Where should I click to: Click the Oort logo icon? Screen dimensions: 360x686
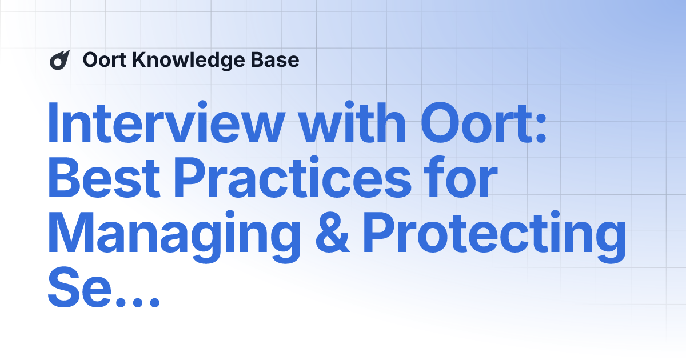coord(59,60)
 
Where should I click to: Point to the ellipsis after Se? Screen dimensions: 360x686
coord(134,301)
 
